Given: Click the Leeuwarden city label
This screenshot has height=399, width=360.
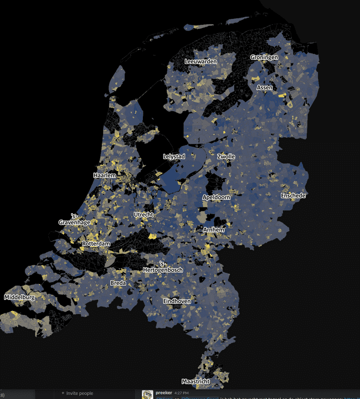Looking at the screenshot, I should [x=201, y=61].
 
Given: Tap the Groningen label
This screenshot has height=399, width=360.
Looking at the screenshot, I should [x=264, y=58].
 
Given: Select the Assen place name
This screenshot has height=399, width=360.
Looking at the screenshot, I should [x=264, y=87].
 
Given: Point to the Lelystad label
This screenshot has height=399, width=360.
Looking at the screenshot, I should [x=174, y=157].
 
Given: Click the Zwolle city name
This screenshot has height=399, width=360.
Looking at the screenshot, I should [x=226, y=157].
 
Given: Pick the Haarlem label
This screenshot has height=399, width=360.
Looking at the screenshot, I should [x=105, y=175].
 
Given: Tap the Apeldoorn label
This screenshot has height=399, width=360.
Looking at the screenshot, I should [x=216, y=197].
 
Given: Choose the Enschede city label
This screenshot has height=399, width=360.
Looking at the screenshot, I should [x=294, y=195].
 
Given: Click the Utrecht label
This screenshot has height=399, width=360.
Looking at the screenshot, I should [x=143, y=214].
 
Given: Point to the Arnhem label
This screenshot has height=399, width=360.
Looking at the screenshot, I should [x=214, y=230].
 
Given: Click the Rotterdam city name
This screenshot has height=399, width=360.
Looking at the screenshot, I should [x=96, y=243].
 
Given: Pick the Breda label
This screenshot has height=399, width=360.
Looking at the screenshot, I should [x=118, y=283].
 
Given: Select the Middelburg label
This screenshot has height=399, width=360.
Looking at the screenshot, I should [x=19, y=297].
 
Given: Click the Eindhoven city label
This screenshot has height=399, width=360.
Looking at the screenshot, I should [x=177, y=300].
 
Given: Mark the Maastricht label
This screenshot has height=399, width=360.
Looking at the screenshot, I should [x=196, y=381].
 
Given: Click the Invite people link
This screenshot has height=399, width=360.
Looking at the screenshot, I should [x=79, y=393].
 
